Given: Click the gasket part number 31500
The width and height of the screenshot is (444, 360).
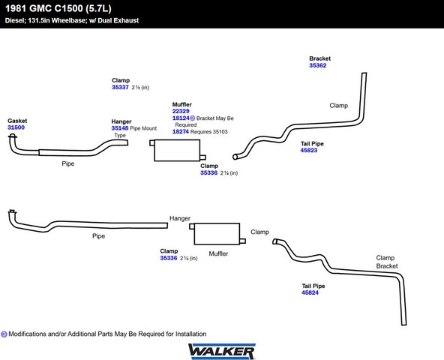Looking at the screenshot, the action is [16, 127].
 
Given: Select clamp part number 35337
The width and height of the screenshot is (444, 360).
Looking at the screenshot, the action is [120, 87].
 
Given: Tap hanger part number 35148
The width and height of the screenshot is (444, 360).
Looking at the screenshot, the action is [120, 128].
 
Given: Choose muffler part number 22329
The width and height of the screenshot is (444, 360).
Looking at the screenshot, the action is [181, 111].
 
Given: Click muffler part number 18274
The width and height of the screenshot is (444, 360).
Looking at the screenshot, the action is [181, 131].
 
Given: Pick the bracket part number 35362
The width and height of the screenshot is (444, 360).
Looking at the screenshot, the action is [318, 65].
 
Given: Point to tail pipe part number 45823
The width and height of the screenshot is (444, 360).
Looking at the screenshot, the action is [309, 150].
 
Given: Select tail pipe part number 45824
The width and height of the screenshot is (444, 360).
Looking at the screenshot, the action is [310, 292].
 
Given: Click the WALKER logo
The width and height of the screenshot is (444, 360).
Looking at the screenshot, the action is [222, 351].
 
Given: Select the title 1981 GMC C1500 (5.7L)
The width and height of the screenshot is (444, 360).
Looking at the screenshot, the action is [58, 8].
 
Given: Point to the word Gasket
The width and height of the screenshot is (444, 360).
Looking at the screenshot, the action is [17, 121].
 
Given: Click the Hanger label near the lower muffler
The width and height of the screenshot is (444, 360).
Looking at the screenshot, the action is [180, 218].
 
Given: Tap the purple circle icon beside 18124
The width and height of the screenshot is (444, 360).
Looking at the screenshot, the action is [193, 118].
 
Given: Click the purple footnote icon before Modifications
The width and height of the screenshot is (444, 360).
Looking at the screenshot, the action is [4, 334].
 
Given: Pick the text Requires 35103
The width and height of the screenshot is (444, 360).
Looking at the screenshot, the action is [209, 132].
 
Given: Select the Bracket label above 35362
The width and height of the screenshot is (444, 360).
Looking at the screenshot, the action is [320, 58].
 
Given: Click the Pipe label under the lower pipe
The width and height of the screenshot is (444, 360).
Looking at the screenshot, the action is [98, 236].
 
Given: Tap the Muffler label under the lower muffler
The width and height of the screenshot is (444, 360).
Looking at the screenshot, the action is [218, 253].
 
